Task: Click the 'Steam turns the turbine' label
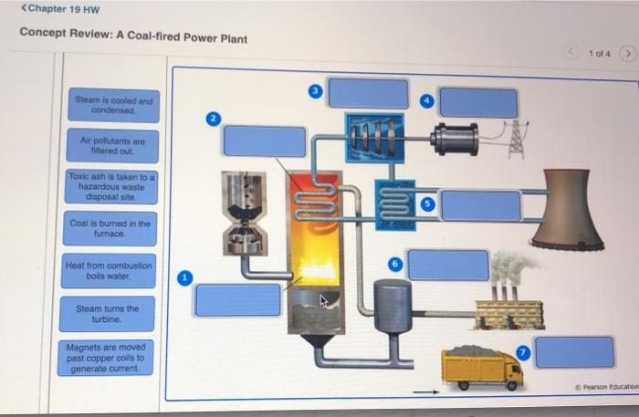coord(108,314)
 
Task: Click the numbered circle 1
coord(185,277)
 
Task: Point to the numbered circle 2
coord(213,119)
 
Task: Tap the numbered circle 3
coord(315,91)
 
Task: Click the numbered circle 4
coord(425,100)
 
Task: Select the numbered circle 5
coord(425,204)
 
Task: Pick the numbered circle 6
coord(395,263)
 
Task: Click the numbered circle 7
coord(522,351)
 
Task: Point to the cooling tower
coord(568,209)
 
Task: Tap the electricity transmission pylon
coord(515,138)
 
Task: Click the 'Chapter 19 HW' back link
coord(60,9)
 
